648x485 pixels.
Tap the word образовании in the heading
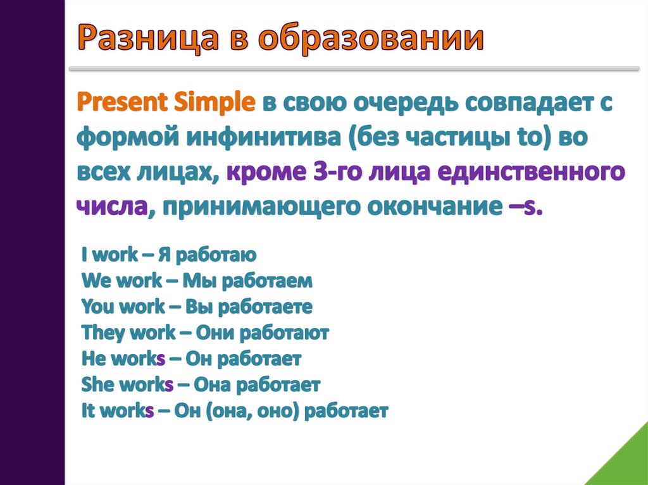coord(370,39)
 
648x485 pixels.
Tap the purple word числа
coord(112,206)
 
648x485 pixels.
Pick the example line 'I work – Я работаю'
coord(169,255)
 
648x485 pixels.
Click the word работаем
coord(268,281)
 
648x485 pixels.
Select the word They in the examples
coord(99,333)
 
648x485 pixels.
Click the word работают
coord(284,333)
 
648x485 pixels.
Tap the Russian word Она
coord(212,385)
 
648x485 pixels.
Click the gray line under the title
coord(354,69)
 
